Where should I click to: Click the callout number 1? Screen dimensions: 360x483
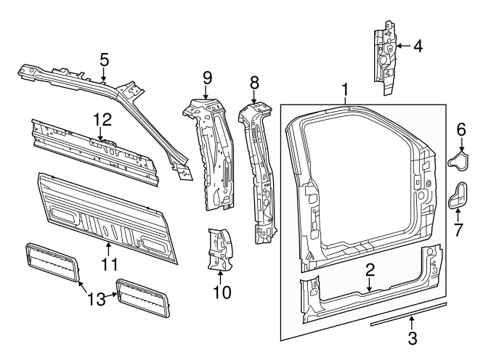pos(345,90)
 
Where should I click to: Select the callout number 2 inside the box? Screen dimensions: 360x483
pos(370,271)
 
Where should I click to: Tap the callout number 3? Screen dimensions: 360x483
pos(412,337)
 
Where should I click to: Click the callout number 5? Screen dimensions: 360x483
pos(104,59)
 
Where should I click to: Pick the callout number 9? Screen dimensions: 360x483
pos(207,76)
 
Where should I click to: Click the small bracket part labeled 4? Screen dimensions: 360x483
pos(385,58)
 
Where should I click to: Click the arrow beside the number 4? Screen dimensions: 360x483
pos(403,46)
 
